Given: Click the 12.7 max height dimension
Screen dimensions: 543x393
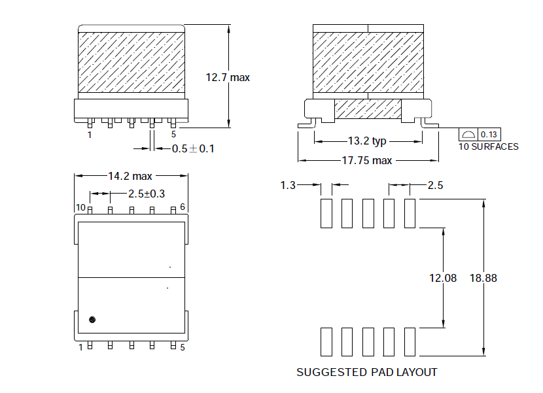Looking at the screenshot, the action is click(x=228, y=77).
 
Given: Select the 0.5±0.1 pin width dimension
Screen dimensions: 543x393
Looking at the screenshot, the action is click(x=193, y=149).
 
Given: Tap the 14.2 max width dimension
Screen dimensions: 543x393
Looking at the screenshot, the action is click(x=130, y=177).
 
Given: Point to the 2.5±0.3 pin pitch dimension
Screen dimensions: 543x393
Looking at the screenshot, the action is click(x=147, y=194).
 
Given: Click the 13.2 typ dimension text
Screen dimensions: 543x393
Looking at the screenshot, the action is click(x=367, y=141).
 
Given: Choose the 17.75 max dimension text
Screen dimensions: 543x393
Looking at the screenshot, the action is click(x=367, y=161).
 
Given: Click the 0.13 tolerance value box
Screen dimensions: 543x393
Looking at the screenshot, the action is click(x=489, y=134).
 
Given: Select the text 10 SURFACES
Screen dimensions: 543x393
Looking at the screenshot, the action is click(x=489, y=147).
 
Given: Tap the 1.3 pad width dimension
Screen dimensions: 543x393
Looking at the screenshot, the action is click(x=288, y=185).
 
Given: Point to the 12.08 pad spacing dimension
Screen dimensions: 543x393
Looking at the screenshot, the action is click(x=443, y=278).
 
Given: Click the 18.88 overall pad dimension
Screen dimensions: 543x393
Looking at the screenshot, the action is click(x=483, y=278).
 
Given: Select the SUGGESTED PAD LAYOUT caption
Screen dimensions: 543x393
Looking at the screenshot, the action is click(x=367, y=372).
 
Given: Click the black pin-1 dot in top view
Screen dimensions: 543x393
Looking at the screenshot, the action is click(x=92, y=320).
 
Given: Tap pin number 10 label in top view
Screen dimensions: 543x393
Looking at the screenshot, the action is click(x=80, y=207).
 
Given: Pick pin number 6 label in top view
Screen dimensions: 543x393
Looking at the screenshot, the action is click(x=183, y=207).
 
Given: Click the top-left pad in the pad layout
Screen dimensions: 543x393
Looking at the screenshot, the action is click(x=326, y=213).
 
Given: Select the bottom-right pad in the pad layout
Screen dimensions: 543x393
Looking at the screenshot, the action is click(x=410, y=342).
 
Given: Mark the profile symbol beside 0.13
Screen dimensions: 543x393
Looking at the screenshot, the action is click(x=468, y=135).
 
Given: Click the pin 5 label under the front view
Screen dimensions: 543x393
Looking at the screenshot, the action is click(x=173, y=134).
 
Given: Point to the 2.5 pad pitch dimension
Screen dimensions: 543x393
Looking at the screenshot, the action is click(x=435, y=185).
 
